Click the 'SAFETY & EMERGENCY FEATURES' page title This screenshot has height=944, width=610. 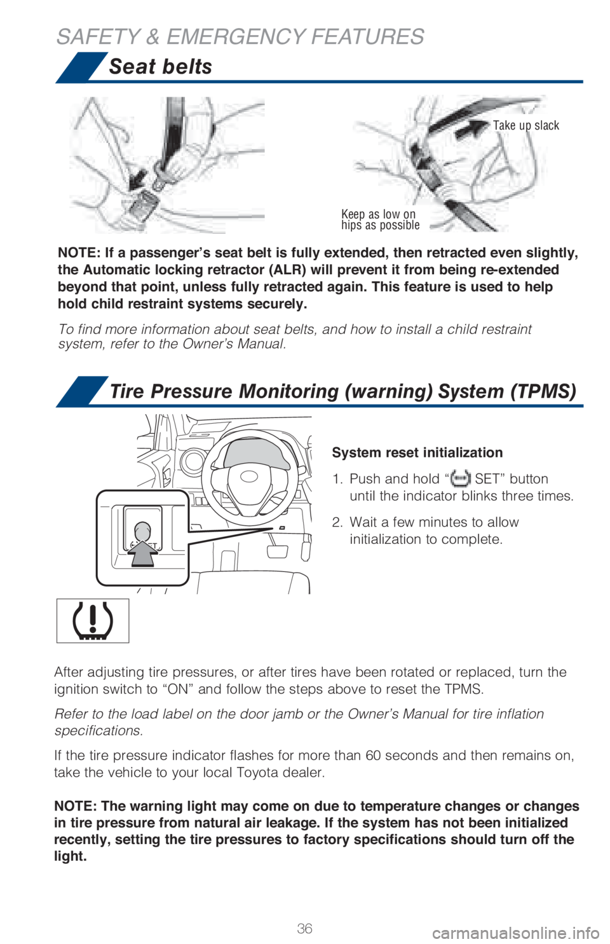(x=240, y=36)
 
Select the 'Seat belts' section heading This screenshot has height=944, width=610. (x=160, y=67)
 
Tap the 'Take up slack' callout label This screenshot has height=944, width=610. (x=526, y=125)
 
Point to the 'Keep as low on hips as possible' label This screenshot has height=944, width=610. (x=380, y=219)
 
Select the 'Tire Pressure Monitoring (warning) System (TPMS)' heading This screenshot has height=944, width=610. (x=342, y=391)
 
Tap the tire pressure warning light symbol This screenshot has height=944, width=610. (x=93, y=620)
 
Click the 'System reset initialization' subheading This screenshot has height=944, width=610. (x=417, y=452)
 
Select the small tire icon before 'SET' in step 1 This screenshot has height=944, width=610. (x=460, y=478)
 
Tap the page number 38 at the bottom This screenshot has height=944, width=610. (x=304, y=927)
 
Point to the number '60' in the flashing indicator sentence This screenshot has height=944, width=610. (x=374, y=756)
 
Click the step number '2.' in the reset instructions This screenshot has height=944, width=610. (x=337, y=522)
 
